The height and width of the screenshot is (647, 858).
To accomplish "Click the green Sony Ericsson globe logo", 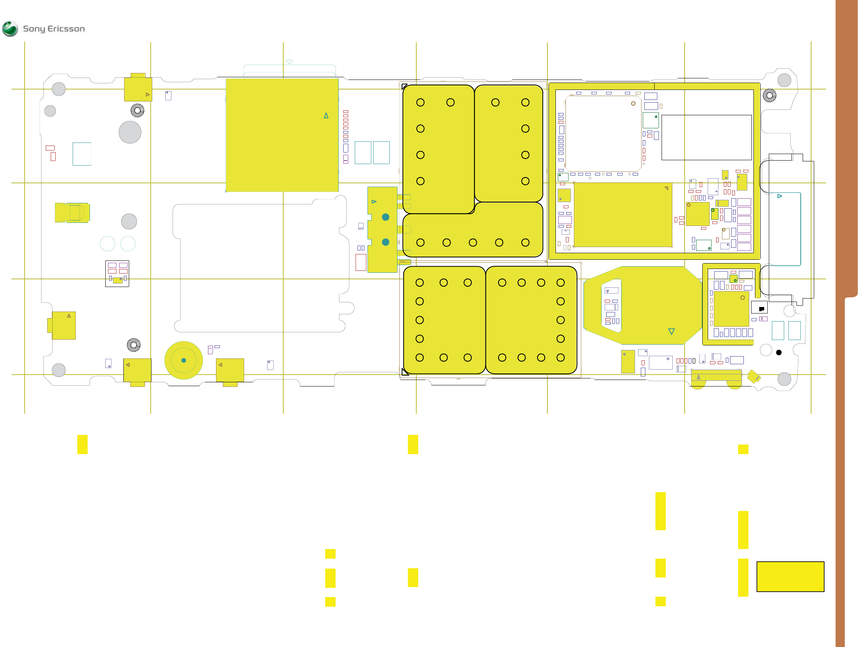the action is [x=10, y=29].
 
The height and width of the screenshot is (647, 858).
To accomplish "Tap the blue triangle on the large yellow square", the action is [x=326, y=116].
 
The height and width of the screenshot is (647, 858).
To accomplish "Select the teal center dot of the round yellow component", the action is [x=184, y=360].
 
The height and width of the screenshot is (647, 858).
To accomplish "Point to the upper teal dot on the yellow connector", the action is [x=386, y=217].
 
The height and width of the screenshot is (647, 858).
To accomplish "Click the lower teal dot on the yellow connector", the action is [x=386, y=242].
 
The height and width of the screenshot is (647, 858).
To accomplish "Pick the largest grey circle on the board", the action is [x=130, y=132].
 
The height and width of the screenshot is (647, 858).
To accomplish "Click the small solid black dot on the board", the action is [x=779, y=352].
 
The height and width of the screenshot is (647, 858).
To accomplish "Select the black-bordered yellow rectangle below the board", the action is [x=790, y=576].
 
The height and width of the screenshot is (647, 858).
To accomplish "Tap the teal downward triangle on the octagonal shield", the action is [x=672, y=332].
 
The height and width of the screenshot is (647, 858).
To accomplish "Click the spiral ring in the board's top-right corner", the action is [x=770, y=95].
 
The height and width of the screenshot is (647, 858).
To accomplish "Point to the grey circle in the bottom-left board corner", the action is [x=58, y=370].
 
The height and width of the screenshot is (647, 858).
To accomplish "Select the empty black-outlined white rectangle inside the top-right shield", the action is [x=706, y=137].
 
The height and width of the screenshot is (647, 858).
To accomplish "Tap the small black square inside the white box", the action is [x=762, y=309].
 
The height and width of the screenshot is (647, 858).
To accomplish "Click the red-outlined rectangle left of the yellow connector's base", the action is [x=361, y=262].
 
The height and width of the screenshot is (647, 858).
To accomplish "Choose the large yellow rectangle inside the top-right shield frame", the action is [x=623, y=215].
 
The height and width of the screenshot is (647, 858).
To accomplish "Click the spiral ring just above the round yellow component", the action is [x=134, y=345].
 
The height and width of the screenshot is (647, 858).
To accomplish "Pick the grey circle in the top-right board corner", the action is [x=784, y=80].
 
